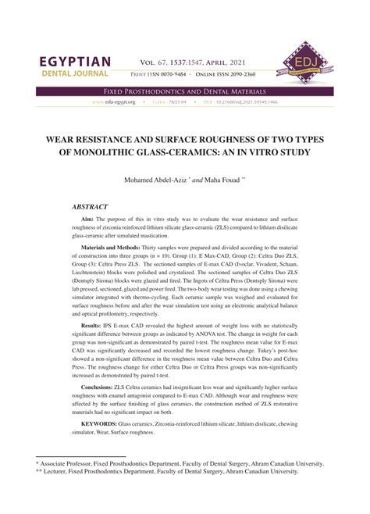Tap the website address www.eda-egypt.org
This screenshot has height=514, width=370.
112,102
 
